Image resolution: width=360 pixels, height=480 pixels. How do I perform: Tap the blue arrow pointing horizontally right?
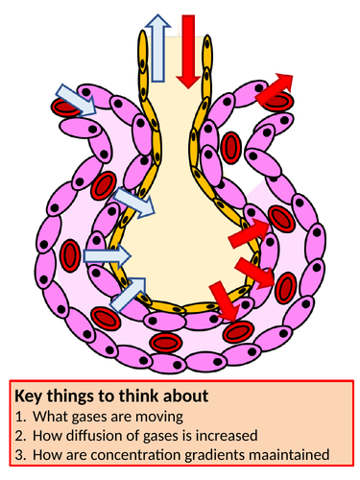coord(107,255)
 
